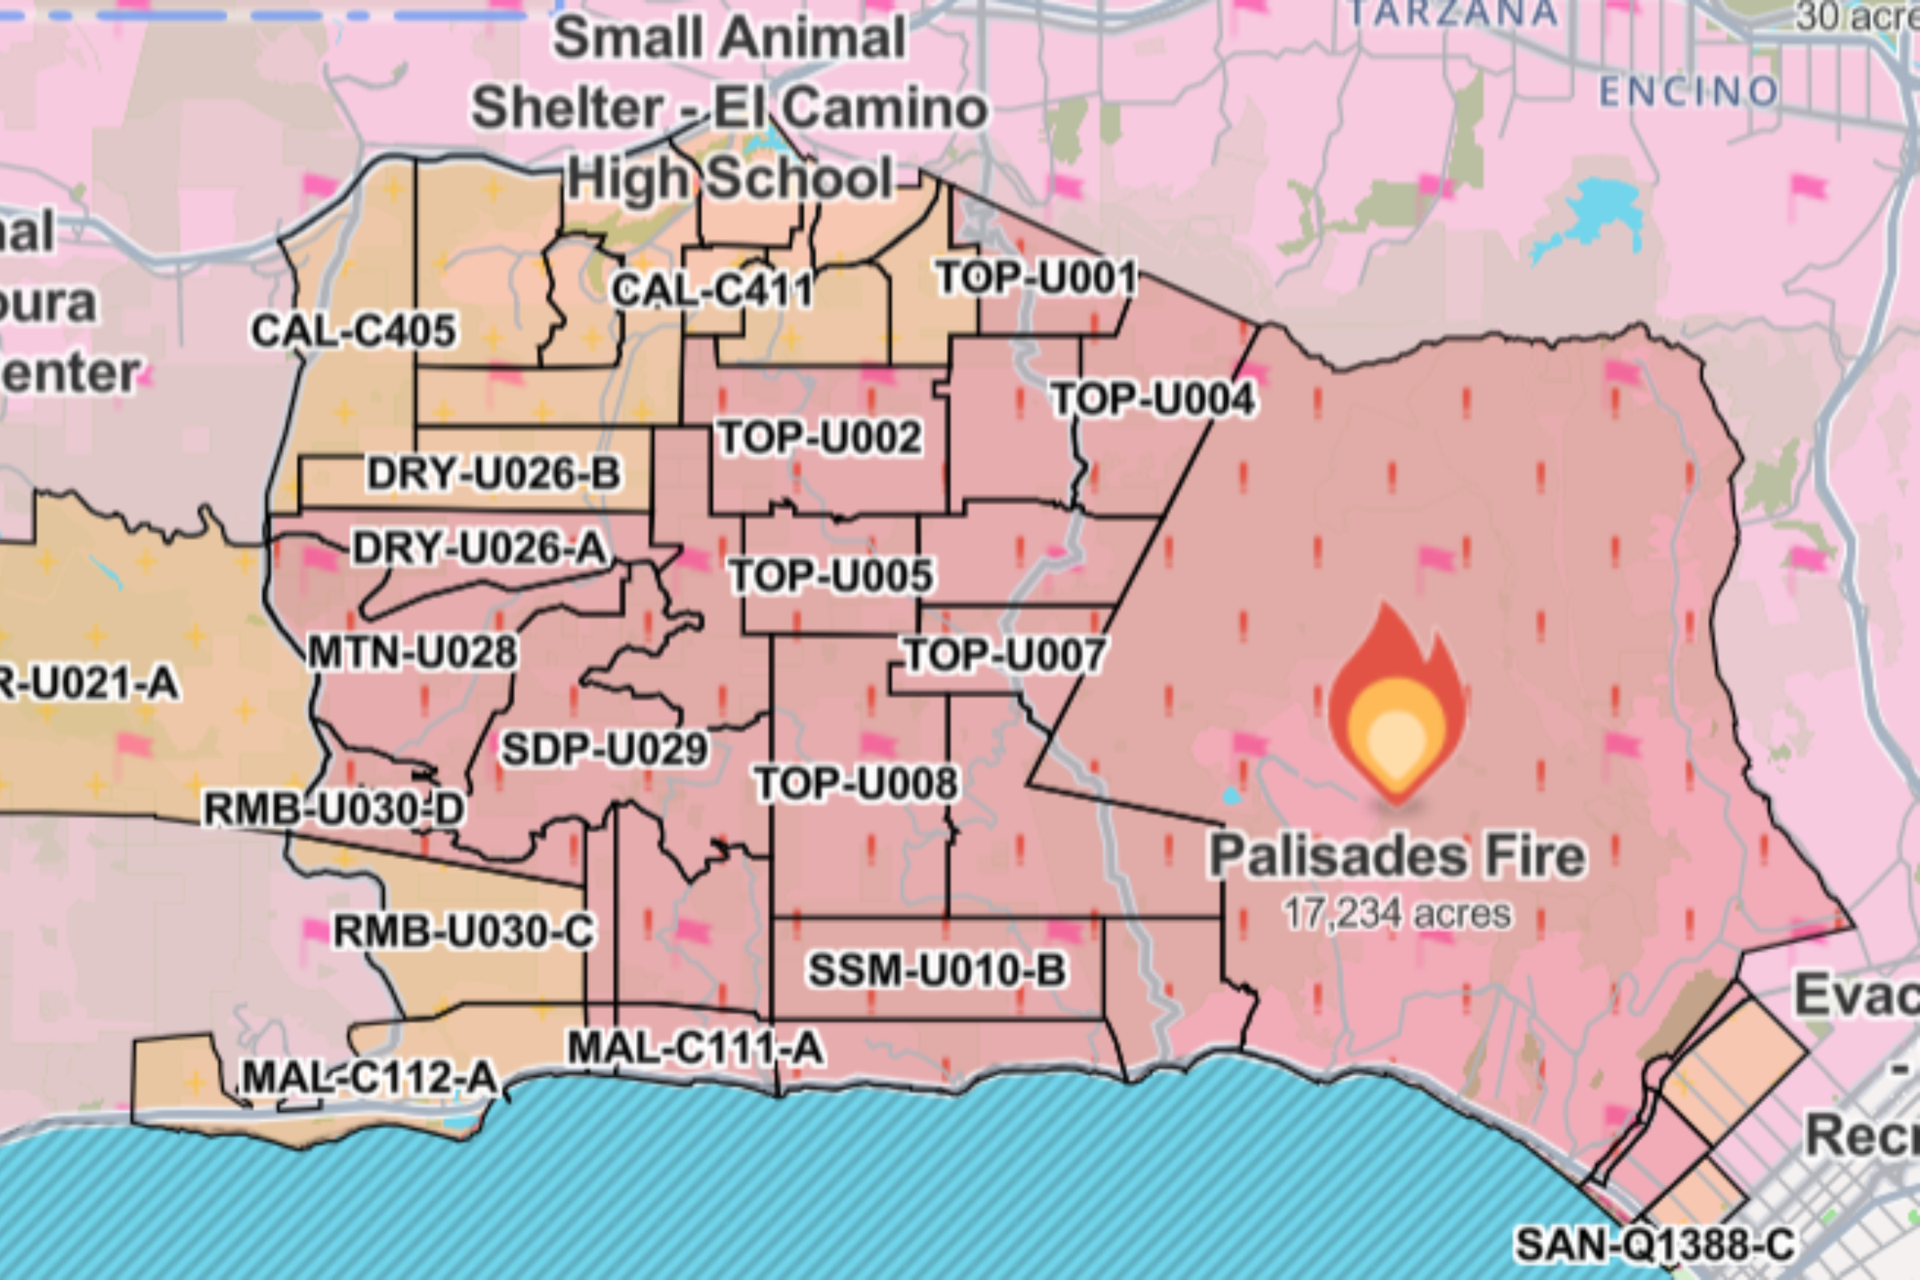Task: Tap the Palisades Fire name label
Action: [1398, 856]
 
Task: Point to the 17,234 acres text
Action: [1398, 914]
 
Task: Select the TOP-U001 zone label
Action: [1036, 278]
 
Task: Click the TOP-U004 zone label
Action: [1154, 399]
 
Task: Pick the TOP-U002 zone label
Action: [819, 438]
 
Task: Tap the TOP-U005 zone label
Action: [831, 575]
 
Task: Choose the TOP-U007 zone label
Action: [1005, 654]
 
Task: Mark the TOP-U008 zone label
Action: [855, 784]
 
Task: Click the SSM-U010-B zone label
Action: [937, 970]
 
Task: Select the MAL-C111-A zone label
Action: [694, 1047]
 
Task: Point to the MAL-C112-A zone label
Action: [370, 1078]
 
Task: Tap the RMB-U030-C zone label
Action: [464, 931]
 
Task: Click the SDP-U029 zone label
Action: [604, 749]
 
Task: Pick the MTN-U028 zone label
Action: [412, 652]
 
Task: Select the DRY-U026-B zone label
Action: [494, 474]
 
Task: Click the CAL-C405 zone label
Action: [354, 330]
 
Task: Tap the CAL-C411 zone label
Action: [712, 290]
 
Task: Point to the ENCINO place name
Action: [1688, 91]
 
